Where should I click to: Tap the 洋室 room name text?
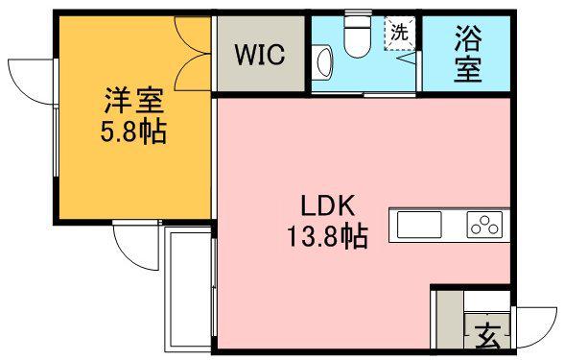coord(133,100)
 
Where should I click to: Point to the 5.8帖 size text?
coord(133,132)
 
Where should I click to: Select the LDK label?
coord(329,205)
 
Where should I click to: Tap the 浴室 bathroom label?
coord(468,54)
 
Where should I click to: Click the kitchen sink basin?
coord(419,226)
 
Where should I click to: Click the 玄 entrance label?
coord(488,336)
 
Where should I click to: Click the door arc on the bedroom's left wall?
coord(31,75)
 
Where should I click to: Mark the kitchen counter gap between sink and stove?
coord(456,226)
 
